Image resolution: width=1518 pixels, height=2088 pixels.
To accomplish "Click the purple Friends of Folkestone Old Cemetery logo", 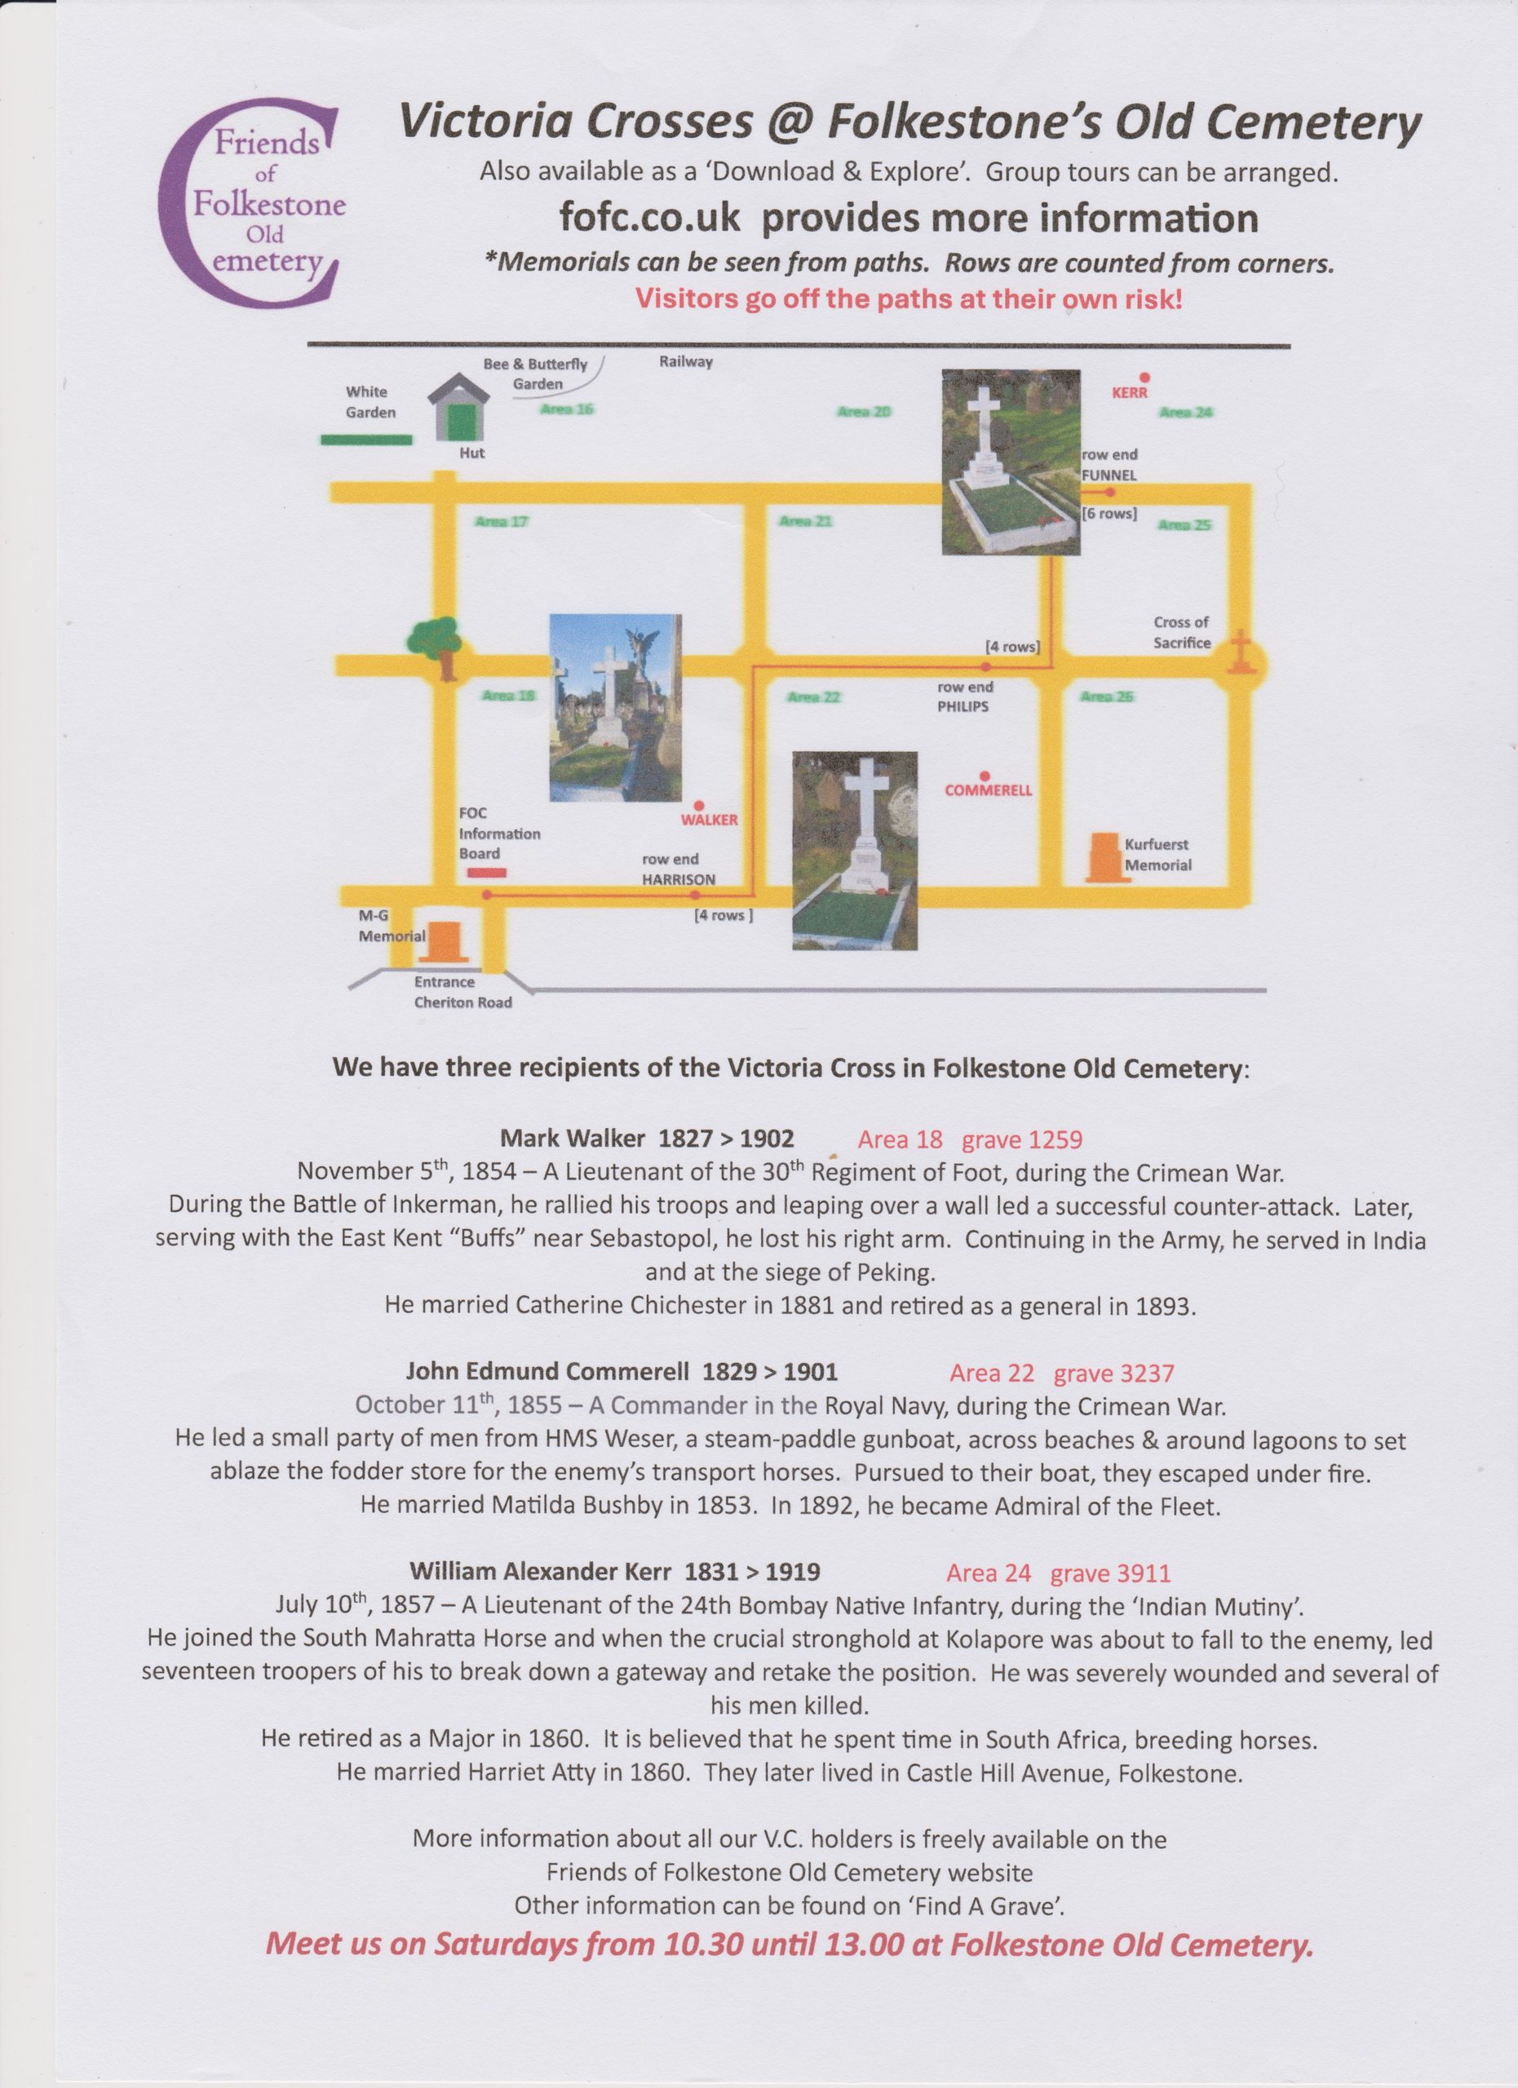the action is (x=251, y=202).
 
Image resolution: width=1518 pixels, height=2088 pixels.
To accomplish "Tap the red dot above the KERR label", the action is (x=1144, y=378).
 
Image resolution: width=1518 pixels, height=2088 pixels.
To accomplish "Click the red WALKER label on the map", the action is (x=709, y=820).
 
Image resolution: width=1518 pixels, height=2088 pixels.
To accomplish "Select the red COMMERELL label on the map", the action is (x=988, y=790).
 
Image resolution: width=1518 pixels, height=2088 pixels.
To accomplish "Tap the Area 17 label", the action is (x=501, y=522).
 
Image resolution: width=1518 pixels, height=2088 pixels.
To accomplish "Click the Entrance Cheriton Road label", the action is (x=462, y=993).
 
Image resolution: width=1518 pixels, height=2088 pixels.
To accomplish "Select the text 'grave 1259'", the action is (x=1022, y=1139).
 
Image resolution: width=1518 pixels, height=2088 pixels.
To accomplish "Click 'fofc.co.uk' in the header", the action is (x=650, y=219).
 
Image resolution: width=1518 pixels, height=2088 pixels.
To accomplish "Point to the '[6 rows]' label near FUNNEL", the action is (x=1109, y=514).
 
